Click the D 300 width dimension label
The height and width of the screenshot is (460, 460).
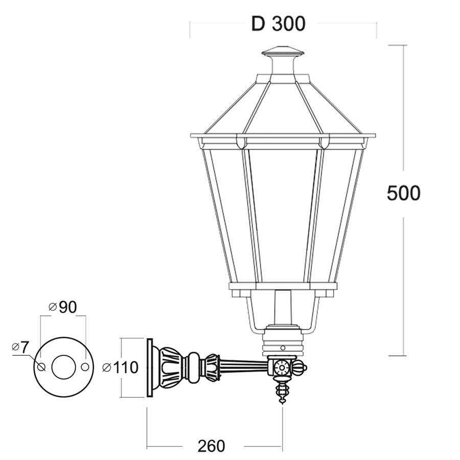tap(279, 24)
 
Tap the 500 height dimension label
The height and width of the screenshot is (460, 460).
tap(404, 193)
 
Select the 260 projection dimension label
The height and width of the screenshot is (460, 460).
tap(211, 446)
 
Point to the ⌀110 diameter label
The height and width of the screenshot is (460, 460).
tap(120, 367)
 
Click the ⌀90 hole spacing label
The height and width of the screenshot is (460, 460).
tap(62, 307)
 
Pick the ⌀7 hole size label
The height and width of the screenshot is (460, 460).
tap(20, 348)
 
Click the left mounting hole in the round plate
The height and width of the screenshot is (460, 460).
tap(42, 366)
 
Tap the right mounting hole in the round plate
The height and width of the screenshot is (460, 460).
tap(85, 366)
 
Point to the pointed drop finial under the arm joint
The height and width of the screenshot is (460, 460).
tap(282, 392)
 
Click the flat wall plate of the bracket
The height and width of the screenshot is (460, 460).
tap(150, 368)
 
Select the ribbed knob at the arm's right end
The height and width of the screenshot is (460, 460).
tap(298, 367)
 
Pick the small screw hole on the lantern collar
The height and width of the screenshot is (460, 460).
tap(283, 348)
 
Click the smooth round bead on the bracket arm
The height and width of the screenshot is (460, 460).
tap(194, 367)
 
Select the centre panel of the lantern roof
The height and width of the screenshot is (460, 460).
tap(283, 109)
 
